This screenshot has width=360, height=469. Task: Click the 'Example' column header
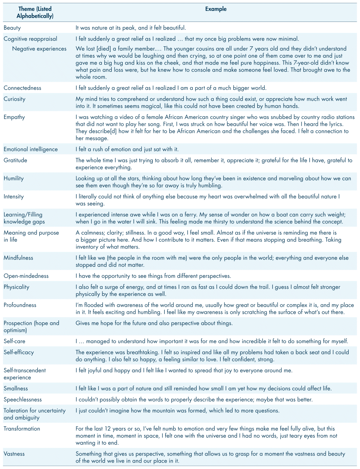pos(216,9)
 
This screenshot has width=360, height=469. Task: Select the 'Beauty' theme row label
pos(12,28)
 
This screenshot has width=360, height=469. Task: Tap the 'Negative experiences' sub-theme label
pos(39,49)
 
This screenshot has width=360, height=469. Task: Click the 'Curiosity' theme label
pos(14,99)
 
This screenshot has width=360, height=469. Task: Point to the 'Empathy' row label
pos(14,117)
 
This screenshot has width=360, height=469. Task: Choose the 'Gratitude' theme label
pos(15,160)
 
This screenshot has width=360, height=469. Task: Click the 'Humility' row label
pos(14,178)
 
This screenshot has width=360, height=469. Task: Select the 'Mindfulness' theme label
pos(18,258)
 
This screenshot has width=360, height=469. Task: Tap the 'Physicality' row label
pos(17,287)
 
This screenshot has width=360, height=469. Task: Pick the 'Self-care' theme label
pos(14,341)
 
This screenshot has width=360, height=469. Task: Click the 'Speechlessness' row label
pos(23,400)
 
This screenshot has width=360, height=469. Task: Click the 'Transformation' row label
pos(22,428)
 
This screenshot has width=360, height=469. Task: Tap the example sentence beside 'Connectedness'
pos(177,88)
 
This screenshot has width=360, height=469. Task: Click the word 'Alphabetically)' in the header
pos(35,16)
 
